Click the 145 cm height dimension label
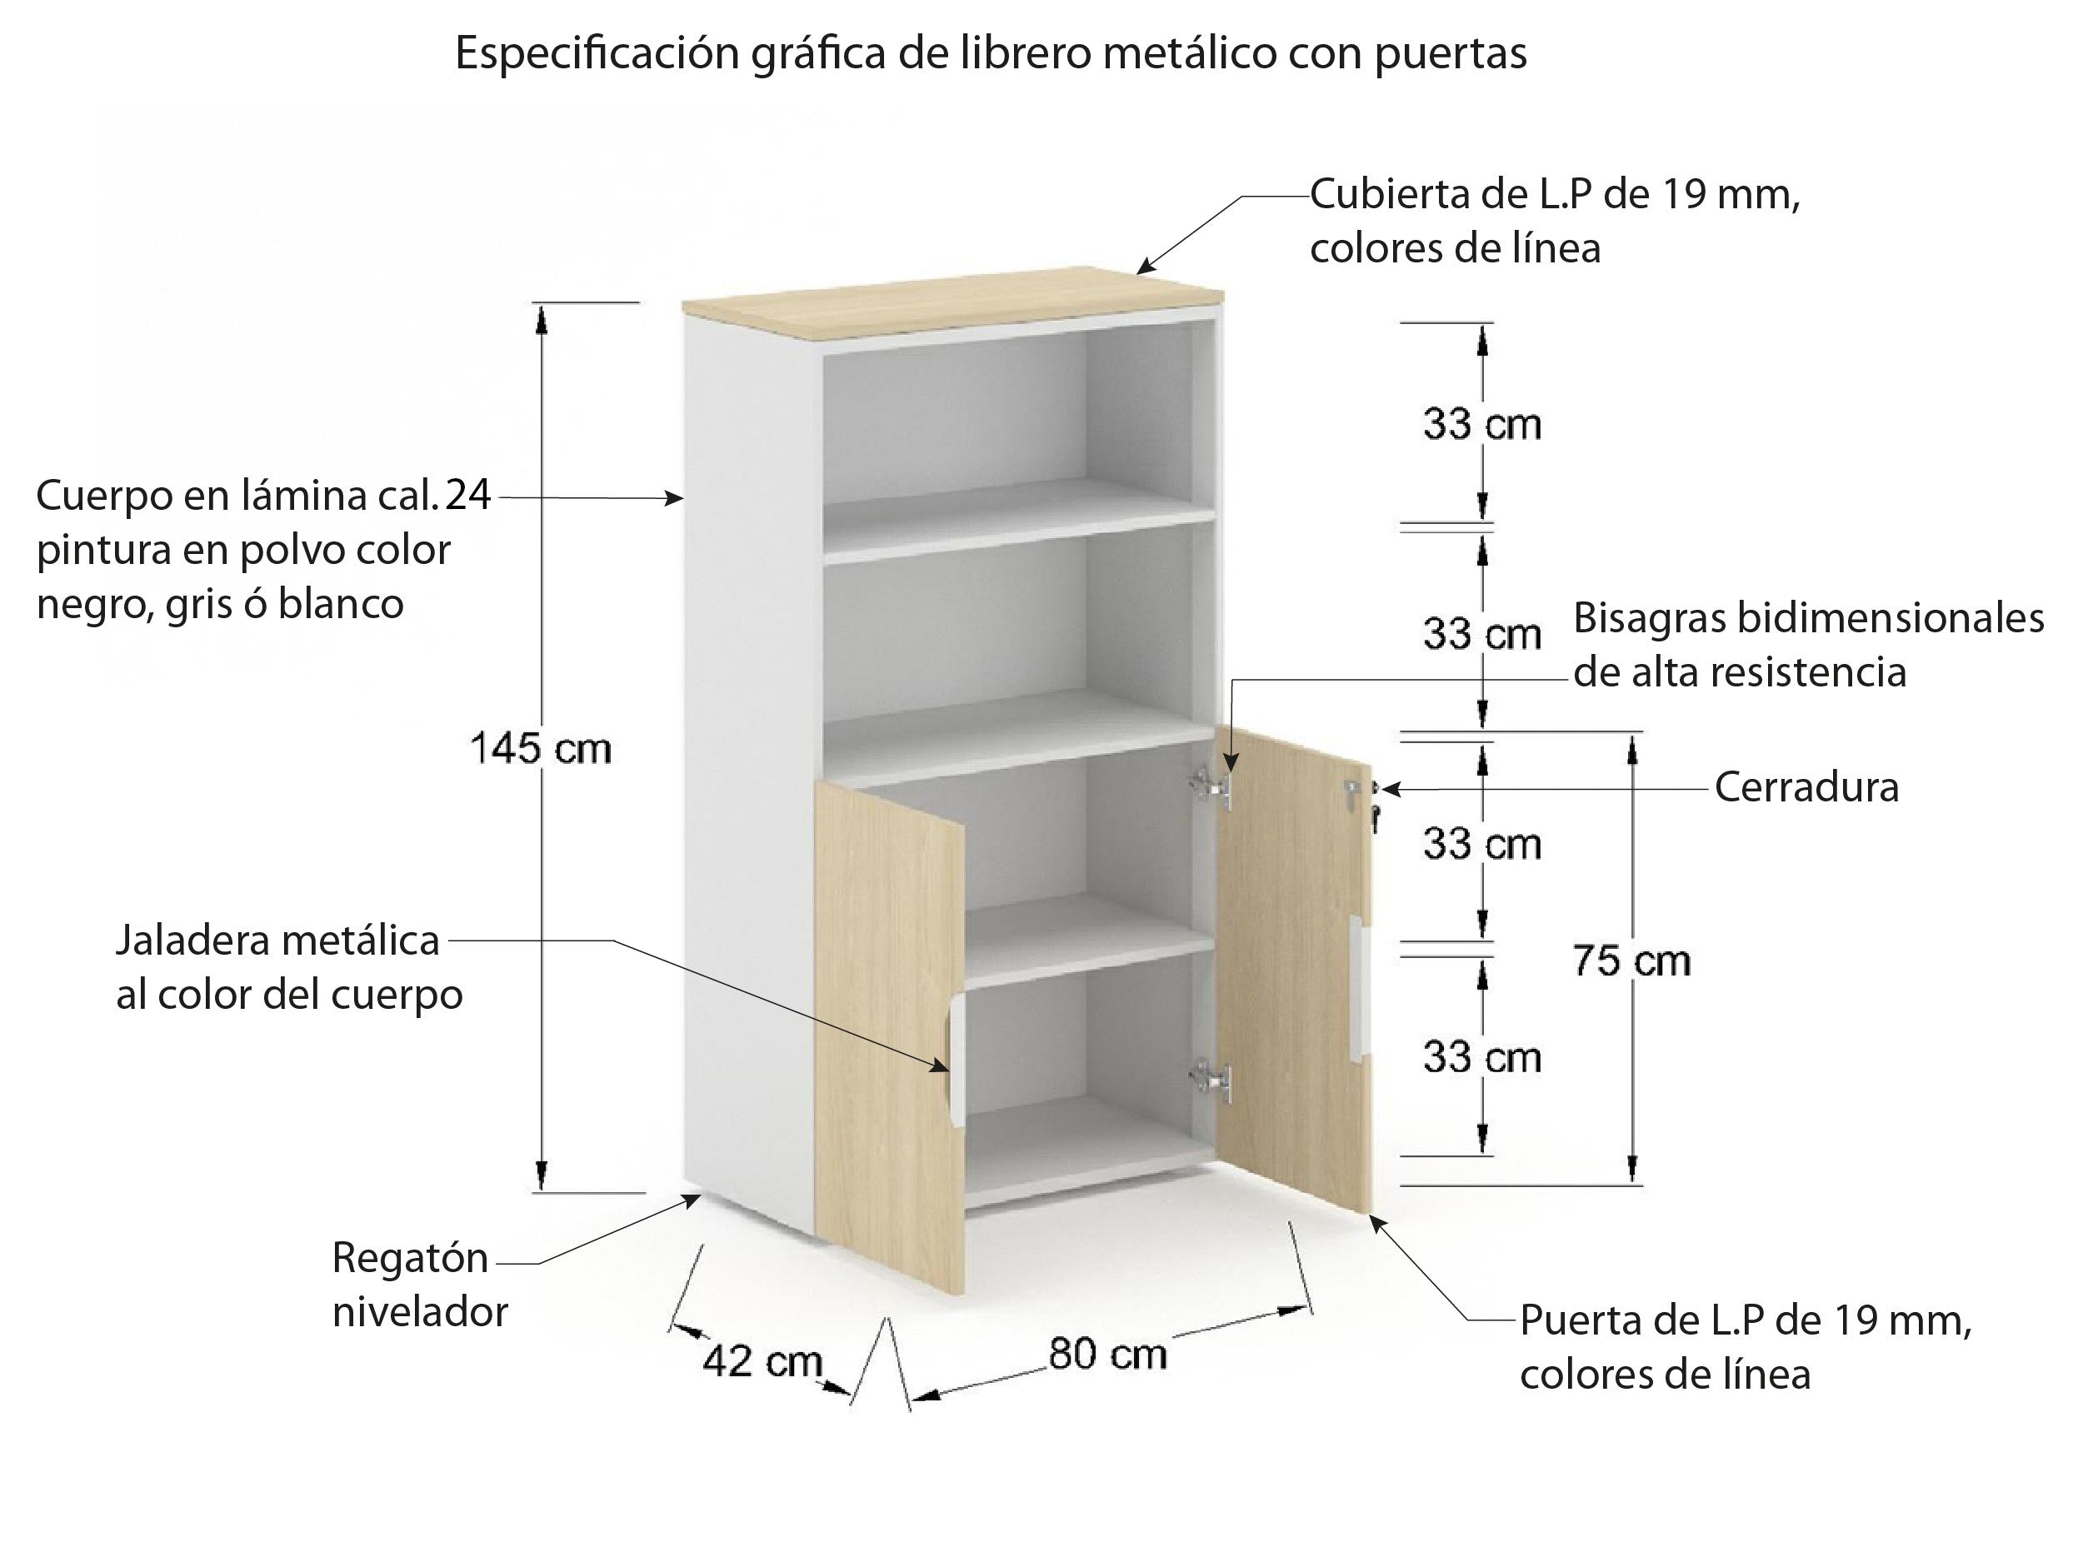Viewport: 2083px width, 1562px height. point(541,750)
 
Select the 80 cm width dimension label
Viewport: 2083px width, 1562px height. point(1107,1354)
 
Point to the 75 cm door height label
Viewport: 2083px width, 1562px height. point(1632,961)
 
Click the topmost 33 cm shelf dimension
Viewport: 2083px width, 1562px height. point(1482,425)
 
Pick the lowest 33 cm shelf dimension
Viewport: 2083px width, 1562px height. point(1482,1057)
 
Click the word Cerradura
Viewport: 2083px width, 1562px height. point(1806,787)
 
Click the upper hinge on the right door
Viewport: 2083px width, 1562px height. point(1211,787)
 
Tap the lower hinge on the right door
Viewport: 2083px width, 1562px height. point(1211,1080)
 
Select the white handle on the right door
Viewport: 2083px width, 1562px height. point(1359,989)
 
